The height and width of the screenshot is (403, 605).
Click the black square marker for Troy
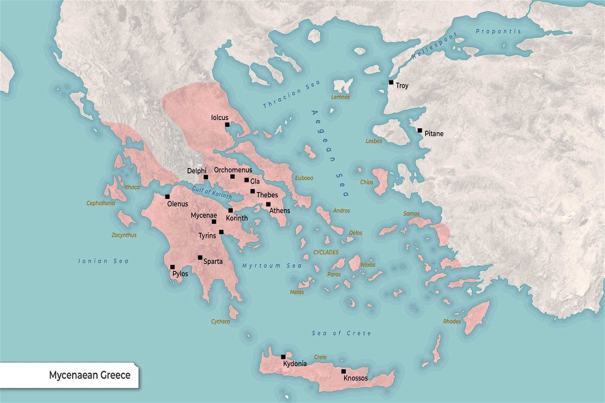pos(391,83)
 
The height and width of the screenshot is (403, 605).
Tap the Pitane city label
pos(434,134)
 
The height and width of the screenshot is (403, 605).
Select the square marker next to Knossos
pos(344,371)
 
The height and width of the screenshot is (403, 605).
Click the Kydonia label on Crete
pos(295,364)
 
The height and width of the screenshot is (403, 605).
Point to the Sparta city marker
pos(200,258)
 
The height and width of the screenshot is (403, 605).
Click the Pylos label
pos(180,274)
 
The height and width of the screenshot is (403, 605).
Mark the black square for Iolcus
pos(227,125)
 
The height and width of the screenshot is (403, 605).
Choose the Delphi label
pos(197,171)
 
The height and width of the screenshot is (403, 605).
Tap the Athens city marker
pos(268,205)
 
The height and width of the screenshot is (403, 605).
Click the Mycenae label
pos(204,216)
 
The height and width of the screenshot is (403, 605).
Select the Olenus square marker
pos(167,197)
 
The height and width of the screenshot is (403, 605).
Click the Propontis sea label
pos(498,31)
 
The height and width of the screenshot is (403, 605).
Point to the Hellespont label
pos(434,46)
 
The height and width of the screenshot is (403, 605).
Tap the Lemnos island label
pos(341,97)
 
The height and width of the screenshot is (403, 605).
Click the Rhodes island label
pos(452,321)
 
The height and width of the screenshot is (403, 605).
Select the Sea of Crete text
pos(341,333)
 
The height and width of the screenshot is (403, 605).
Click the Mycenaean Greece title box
pos(69,375)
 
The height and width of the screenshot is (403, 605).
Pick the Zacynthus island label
pos(124,235)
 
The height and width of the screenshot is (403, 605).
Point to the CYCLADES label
pos(326,252)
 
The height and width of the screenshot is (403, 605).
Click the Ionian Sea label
pos(103,261)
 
